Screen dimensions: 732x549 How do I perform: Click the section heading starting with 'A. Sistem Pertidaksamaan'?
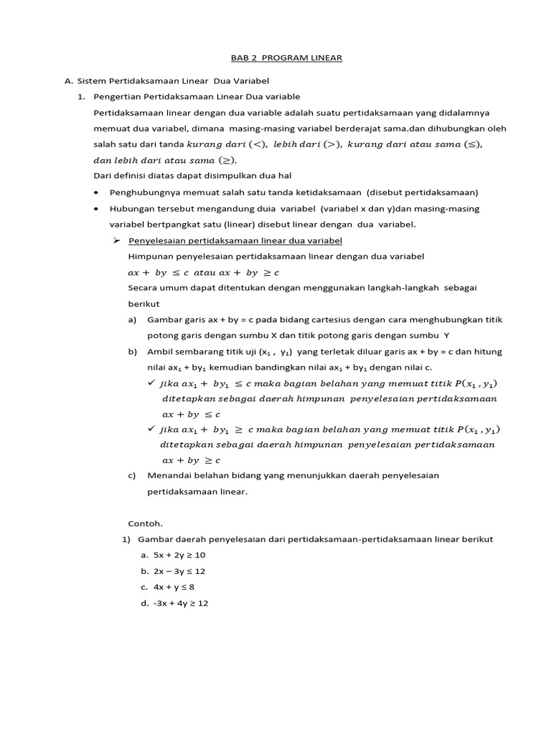(x=167, y=80)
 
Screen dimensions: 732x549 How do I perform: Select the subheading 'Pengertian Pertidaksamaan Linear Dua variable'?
(x=197, y=97)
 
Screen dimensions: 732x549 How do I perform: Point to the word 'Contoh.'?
(x=145, y=523)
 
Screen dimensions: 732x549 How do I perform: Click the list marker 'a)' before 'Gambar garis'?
(x=132, y=320)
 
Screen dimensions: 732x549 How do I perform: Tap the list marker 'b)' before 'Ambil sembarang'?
(x=132, y=352)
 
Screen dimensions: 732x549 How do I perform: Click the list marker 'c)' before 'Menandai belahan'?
(x=132, y=475)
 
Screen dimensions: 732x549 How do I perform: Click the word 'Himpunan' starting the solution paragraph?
(x=149, y=256)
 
